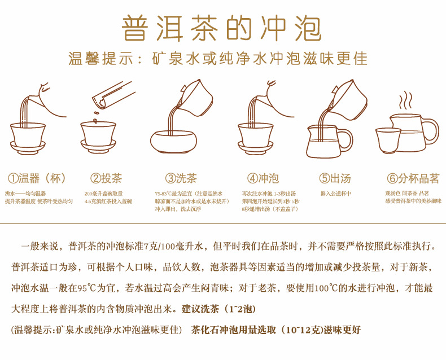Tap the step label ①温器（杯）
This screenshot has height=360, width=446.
(x=37, y=179)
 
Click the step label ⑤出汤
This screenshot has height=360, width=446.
(x=335, y=179)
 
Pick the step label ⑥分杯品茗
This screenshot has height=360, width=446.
(x=413, y=179)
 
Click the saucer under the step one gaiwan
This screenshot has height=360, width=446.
(x=28, y=148)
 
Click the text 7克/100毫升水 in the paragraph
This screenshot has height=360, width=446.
(x=174, y=247)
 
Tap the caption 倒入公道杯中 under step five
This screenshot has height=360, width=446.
(x=336, y=193)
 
